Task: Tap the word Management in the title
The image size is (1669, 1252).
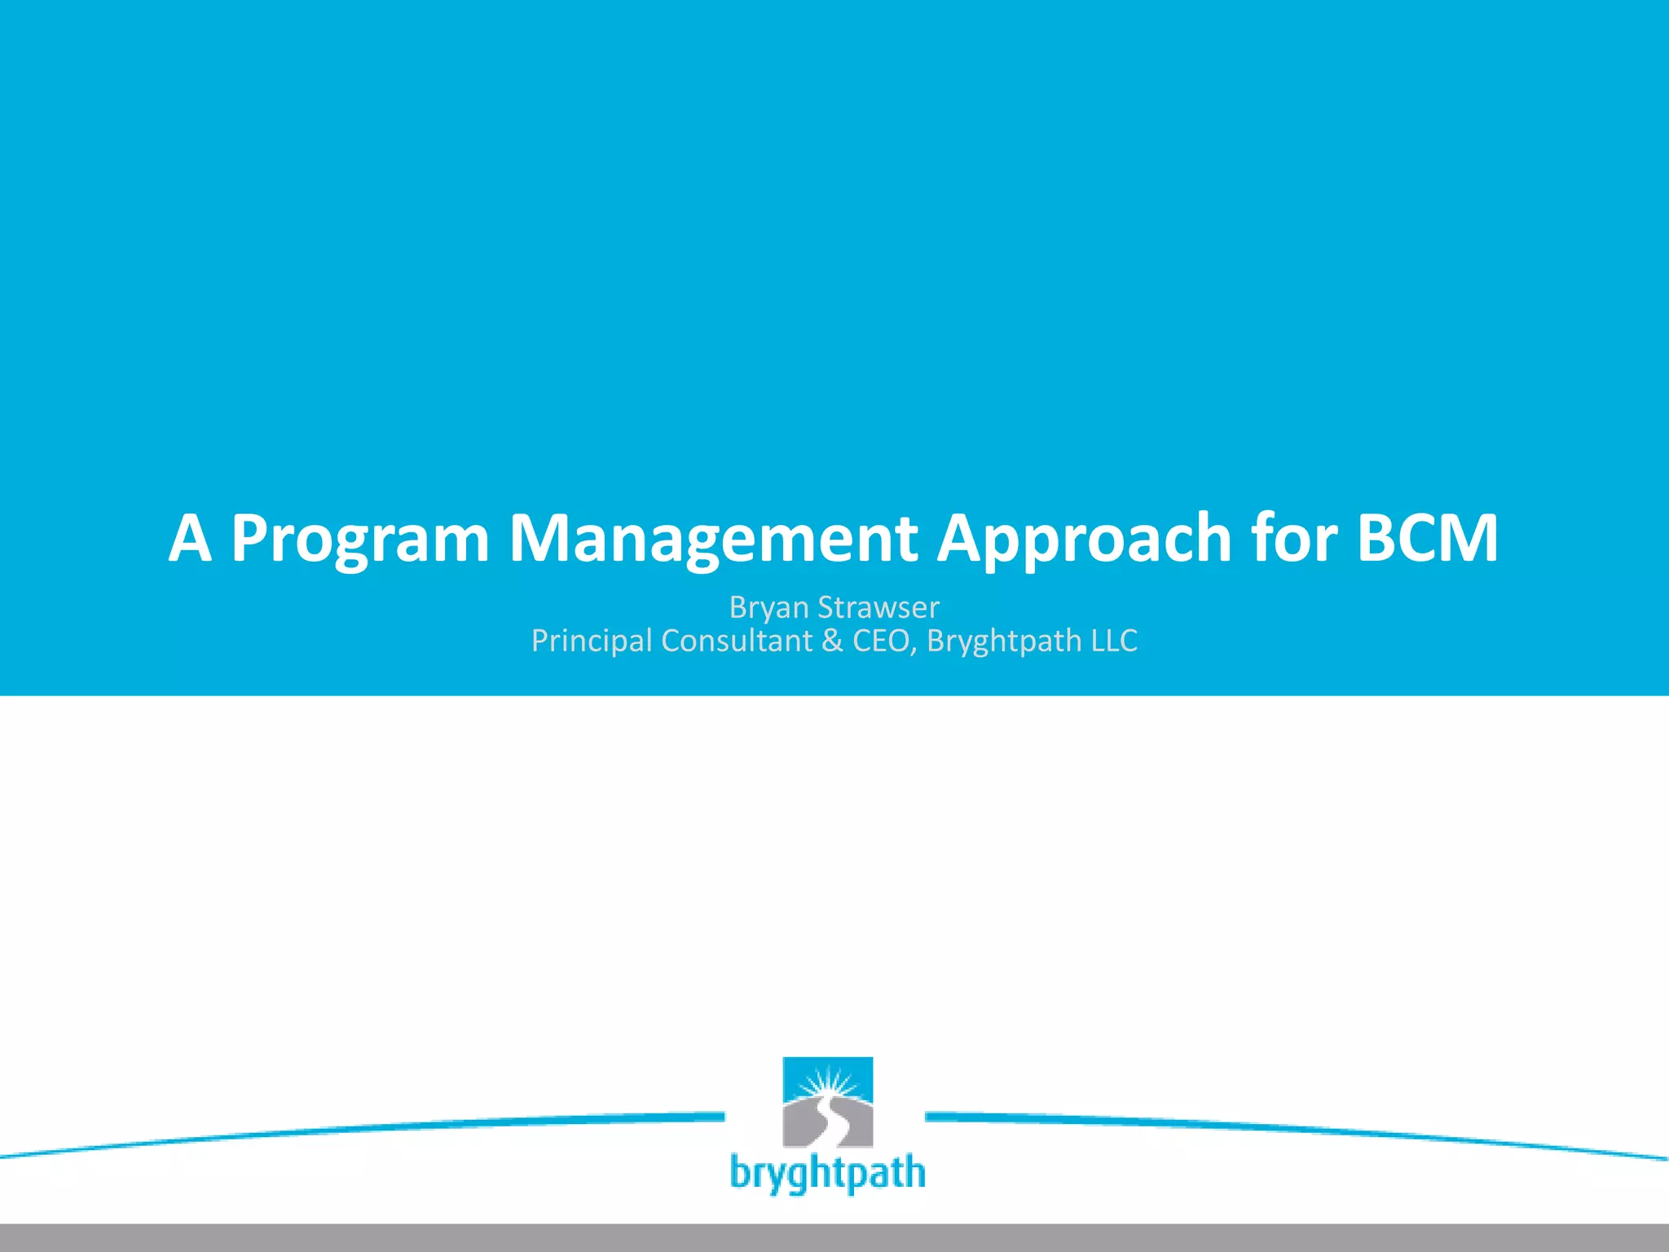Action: pos(713,540)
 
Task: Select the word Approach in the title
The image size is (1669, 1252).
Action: pos(1084,540)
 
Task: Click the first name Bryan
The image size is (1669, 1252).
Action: pos(768,608)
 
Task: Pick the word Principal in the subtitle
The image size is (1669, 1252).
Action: pos(592,641)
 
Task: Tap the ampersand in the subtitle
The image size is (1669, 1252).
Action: pos(832,641)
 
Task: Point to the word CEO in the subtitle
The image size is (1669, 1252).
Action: pos(883,641)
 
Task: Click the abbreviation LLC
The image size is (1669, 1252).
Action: pos(1114,641)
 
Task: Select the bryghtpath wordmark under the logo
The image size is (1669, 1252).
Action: pos(827,1173)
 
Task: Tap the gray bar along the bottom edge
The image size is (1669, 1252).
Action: pos(834,1237)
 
